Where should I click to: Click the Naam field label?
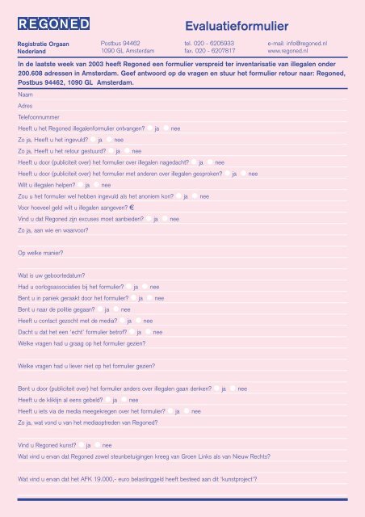click(25, 95)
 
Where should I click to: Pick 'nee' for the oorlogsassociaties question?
click(145, 287)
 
